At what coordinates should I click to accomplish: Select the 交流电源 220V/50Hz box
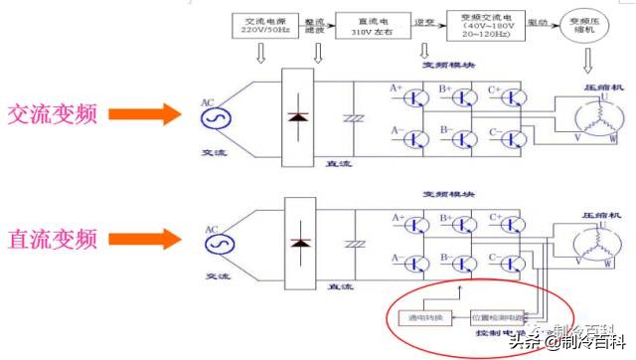(x=263, y=24)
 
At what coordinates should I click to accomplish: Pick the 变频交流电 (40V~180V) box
(x=485, y=24)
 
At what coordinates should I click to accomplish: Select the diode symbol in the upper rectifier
(x=297, y=117)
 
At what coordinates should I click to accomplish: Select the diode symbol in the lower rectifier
(x=297, y=243)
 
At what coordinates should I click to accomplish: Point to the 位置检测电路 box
(x=498, y=316)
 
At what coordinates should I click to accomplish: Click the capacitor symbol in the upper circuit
(x=349, y=117)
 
